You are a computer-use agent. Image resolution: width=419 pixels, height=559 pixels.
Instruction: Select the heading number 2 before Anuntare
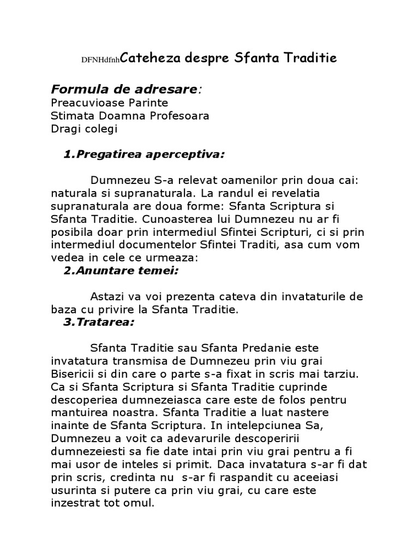[67, 270]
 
